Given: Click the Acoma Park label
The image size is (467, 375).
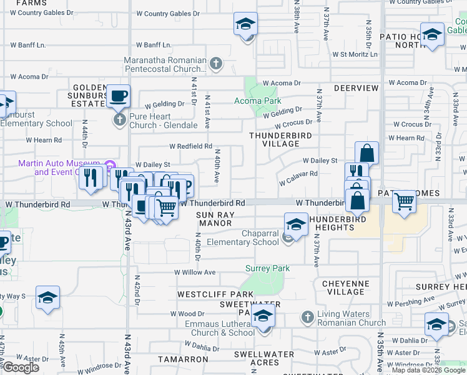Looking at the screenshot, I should (x=257, y=101).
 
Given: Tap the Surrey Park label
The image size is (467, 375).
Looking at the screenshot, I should (x=267, y=268).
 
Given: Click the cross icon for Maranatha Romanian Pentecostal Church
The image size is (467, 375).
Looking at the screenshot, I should (x=216, y=63).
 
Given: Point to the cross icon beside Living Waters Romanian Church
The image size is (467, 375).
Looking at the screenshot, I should (x=307, y=317).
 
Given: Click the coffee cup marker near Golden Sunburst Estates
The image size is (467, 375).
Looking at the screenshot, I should (x=118, y=96).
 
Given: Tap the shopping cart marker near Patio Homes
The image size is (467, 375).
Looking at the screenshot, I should (x=405, y=202).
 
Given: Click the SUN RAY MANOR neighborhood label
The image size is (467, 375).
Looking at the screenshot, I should (x=215, y=218).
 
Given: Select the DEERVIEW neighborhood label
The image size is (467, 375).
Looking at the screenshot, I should (x=356, y=88).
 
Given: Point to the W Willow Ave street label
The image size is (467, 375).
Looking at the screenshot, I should (x=195, y=272).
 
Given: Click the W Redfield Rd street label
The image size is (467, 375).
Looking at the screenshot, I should (x=190, y=146).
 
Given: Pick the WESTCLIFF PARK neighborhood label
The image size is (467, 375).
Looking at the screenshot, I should (x=215, y=294).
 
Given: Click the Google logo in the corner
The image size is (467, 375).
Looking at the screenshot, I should (x=21, y=367).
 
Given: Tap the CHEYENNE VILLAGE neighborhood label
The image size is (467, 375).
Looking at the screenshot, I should (x=346, y=287).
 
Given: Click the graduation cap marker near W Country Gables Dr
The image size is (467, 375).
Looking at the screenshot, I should (x=246, y=24).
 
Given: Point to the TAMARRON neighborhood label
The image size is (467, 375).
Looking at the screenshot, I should (x=183, y=359).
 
